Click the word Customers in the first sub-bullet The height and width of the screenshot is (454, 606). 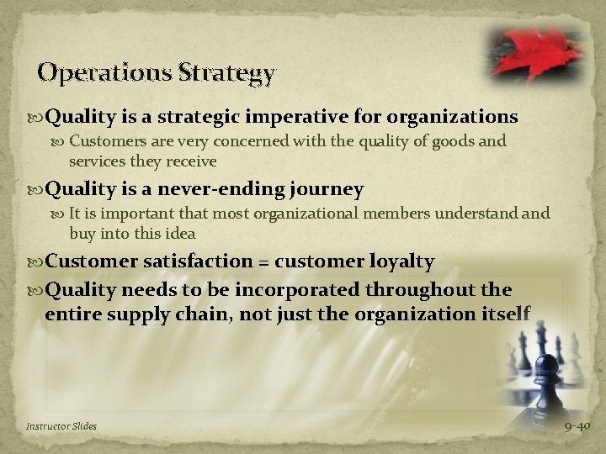coord(104,142)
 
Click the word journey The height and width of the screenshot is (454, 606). coord(324,190)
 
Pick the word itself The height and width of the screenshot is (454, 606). coord(505,314)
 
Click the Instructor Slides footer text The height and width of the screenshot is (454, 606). coord(61,426)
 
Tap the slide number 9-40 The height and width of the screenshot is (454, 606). coord(577,426)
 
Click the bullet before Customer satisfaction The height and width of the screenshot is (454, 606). coord(36,262)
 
